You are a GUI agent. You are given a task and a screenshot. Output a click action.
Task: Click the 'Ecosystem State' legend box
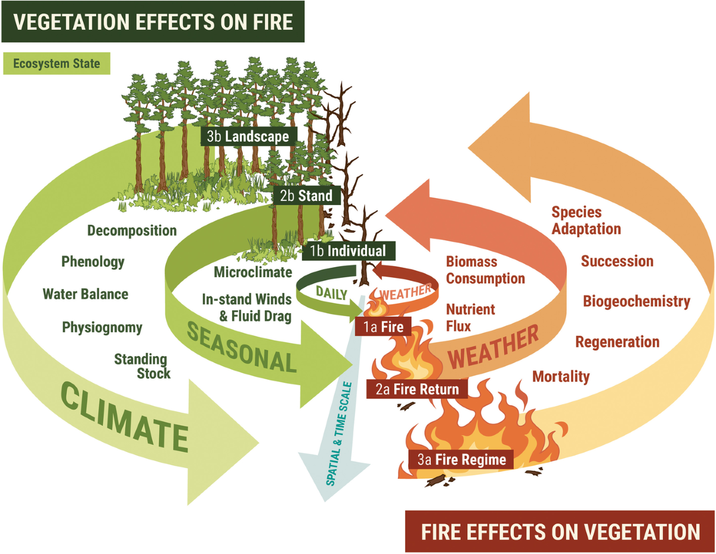[x=57, y=63]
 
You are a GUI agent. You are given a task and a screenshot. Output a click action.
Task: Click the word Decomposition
[x=132, y=230]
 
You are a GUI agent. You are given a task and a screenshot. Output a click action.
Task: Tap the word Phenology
[x=93, y=261]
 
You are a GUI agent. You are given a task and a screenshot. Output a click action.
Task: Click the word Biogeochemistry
[x=637, y=301]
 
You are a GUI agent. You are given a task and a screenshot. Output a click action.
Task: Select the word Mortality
[x=560, y=376]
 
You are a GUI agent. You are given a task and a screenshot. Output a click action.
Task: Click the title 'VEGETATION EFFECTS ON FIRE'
[x=153, y=21]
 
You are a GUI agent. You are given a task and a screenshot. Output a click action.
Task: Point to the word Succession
[x=617, y=261]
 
